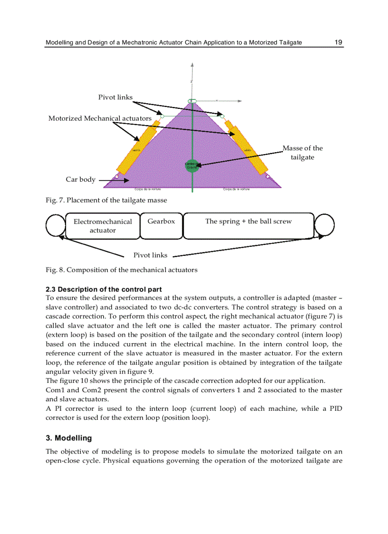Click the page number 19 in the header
(338, 42)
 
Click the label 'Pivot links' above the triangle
(116, 97)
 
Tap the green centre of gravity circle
(191, 165)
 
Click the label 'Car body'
(80, 180)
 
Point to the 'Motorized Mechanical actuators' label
(100, 118)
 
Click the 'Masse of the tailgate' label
(302, 153)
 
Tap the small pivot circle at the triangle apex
(192, 101)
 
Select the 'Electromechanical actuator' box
(103, 225)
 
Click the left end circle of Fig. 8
(56, 225)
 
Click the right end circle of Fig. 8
(325, 225)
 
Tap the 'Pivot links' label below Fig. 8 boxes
(150, 255)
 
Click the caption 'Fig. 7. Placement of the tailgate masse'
(106, 200)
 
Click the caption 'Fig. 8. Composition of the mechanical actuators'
(121, 270)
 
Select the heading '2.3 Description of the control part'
(104, 289)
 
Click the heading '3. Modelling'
(69, 438)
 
